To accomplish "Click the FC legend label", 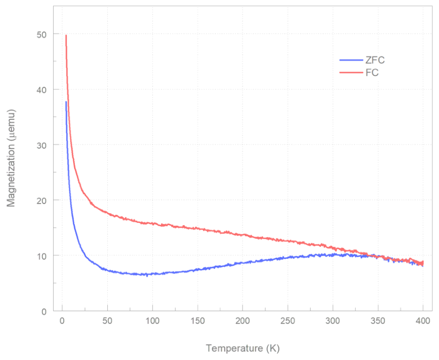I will click(x=372, y=73).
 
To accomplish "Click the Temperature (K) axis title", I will click(x=243, y=347).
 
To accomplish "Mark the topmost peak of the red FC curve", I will click(x=66, y=35).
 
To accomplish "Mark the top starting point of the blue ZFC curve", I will click(x=66, y=102).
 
